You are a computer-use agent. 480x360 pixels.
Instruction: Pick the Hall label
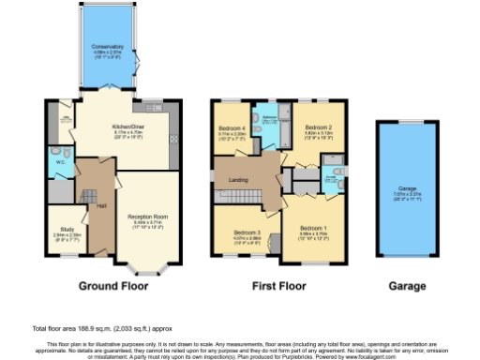click(x=99, y=206)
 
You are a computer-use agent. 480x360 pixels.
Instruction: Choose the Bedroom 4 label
click(x=231, y=127)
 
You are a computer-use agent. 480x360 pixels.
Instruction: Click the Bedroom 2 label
click(x=319, y=127)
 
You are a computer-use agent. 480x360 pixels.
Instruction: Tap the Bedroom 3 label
click(x=246, y=232)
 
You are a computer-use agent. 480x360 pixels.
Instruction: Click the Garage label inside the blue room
click(x=407, y=188)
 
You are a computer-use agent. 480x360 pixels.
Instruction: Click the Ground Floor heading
click(x=111, y=286)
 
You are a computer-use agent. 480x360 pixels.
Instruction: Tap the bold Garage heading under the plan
click(x=407, y=286)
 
